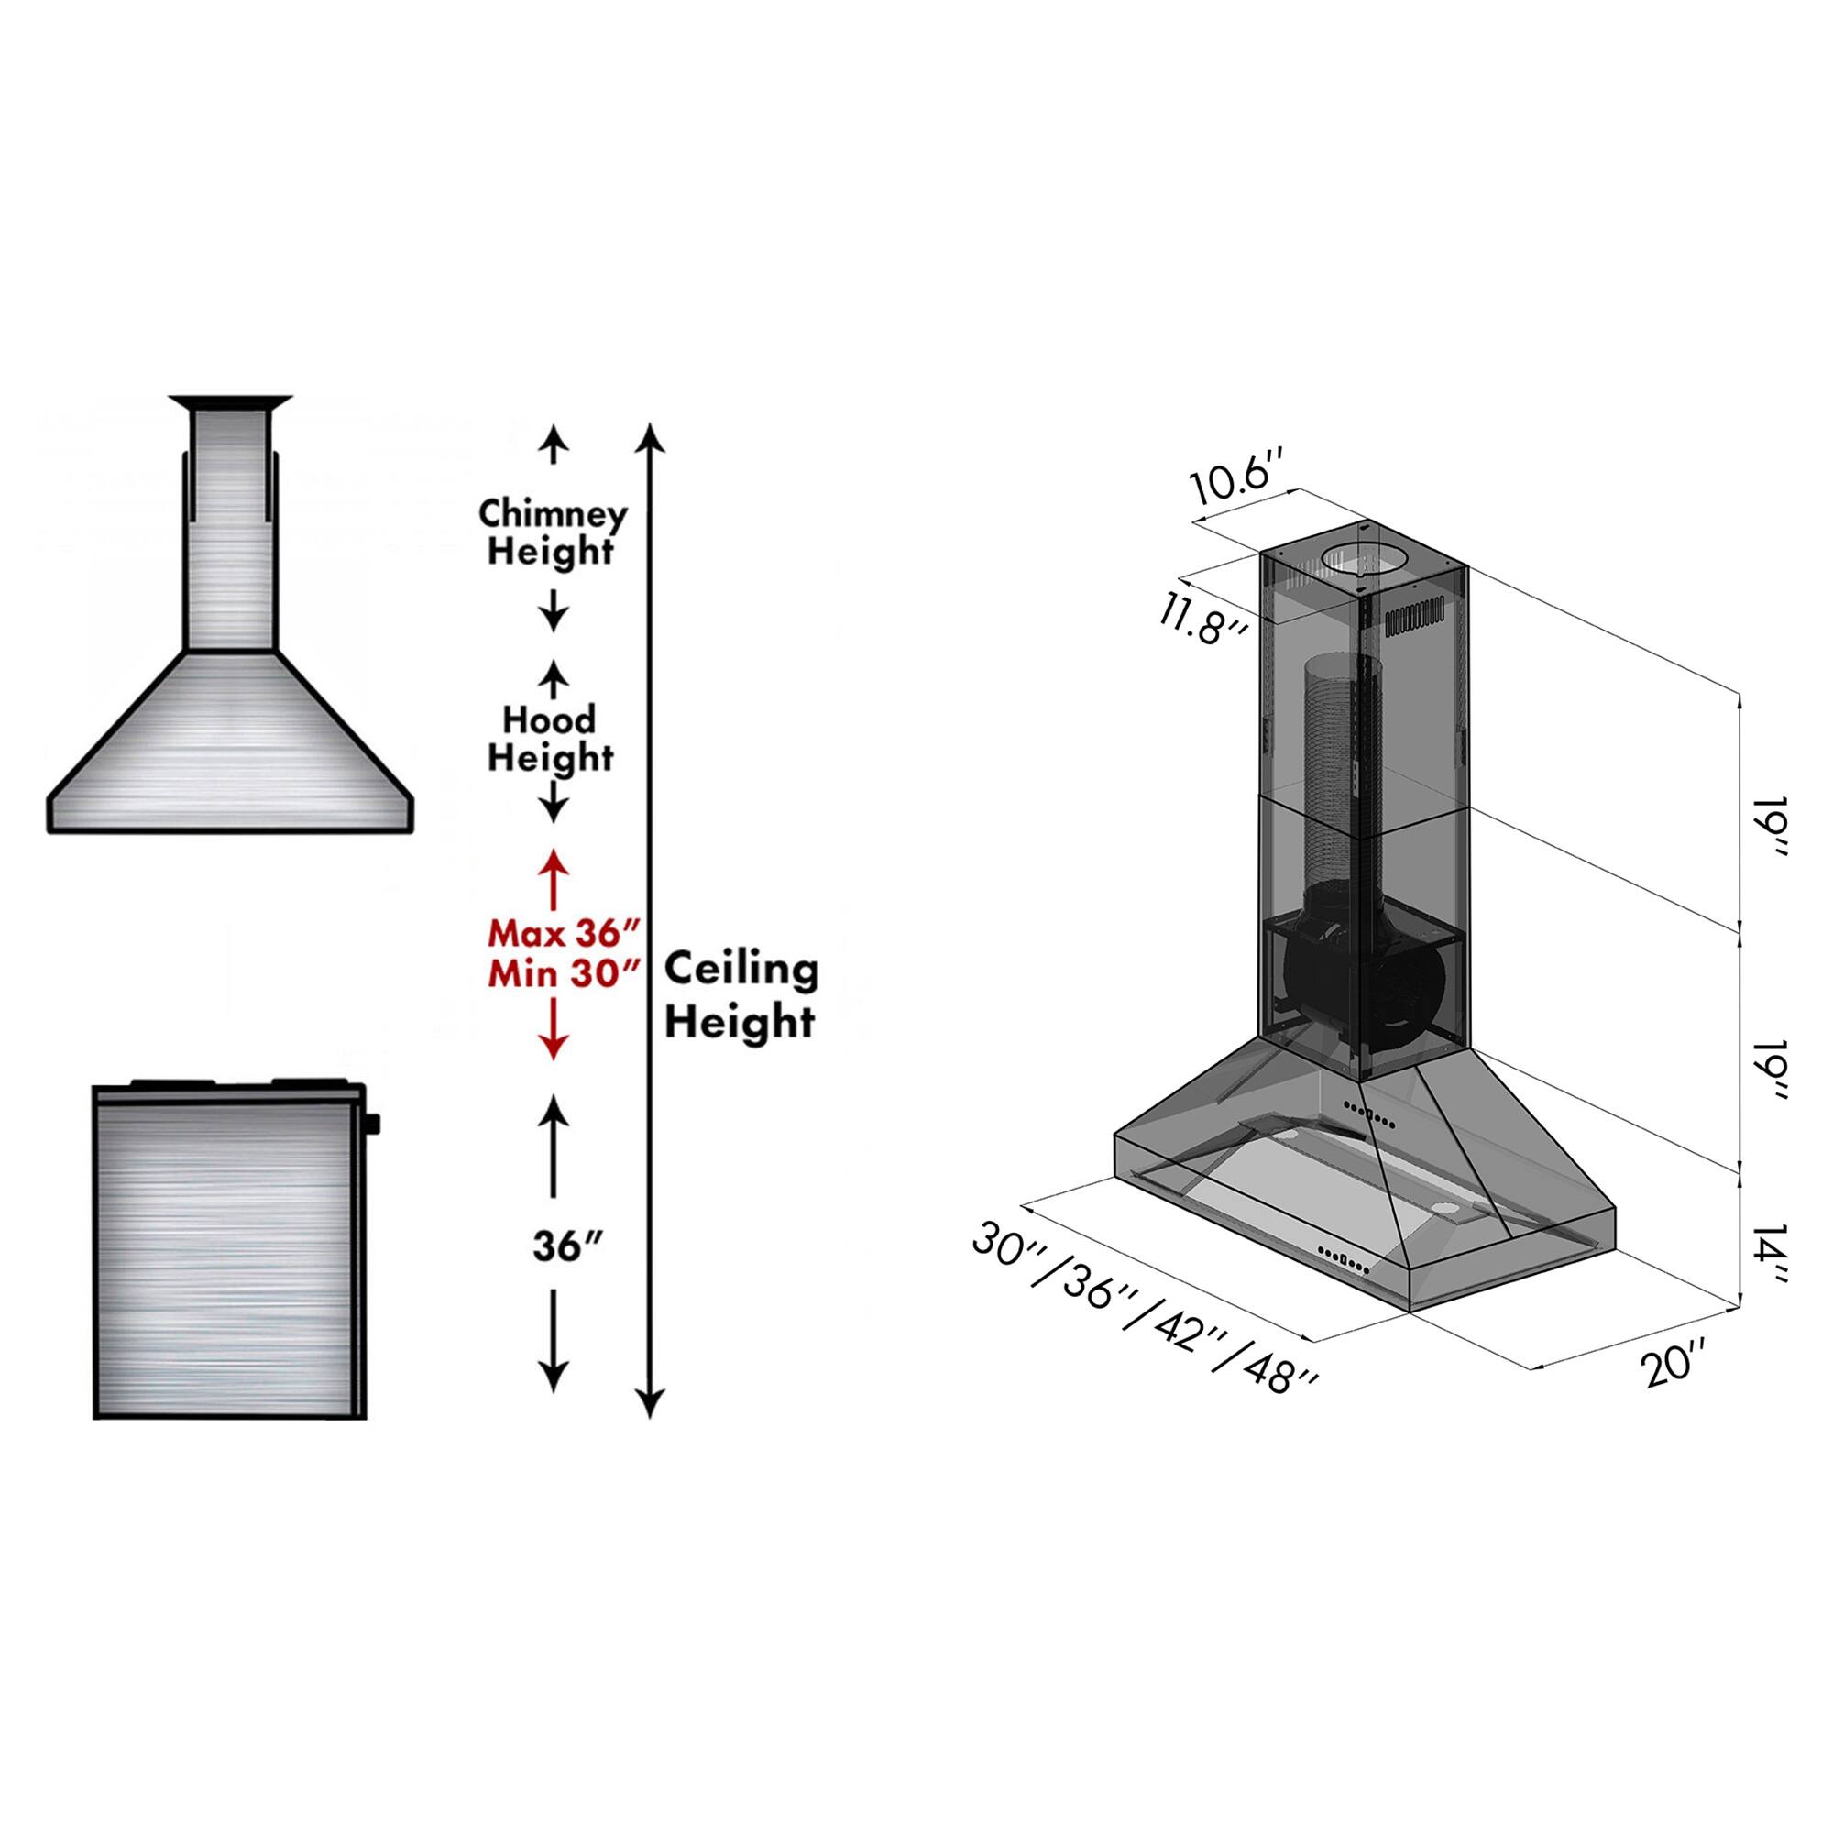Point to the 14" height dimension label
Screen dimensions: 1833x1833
(1771, 1257)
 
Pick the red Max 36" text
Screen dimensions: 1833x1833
(561, 934)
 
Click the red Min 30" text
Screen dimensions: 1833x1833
(561, 973)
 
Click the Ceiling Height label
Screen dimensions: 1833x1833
(740, 996)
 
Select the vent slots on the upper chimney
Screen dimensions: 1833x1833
(1420, 620)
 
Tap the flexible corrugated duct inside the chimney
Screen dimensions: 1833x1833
(1333, 769)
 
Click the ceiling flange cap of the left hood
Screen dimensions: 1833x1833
(231, 402)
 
